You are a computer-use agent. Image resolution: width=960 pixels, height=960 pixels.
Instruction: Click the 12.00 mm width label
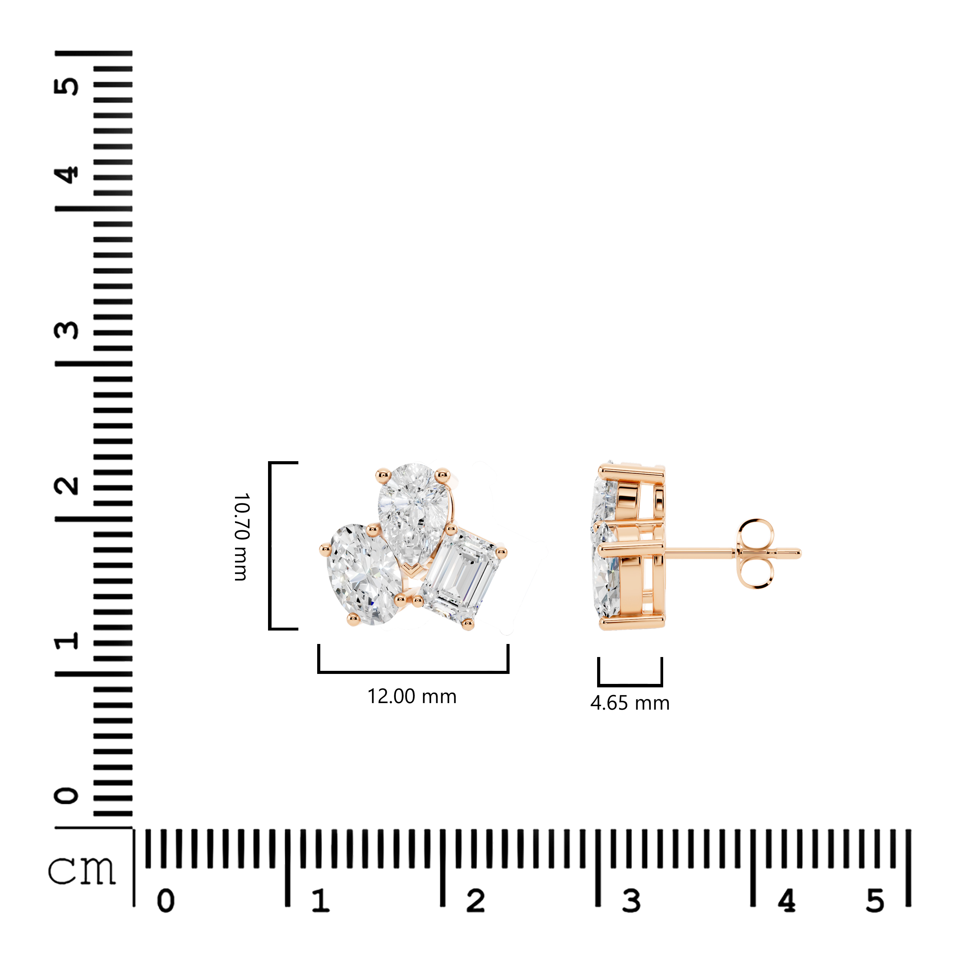pos(412,696)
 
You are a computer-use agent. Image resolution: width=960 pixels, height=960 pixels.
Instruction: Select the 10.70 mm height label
pos(242,537)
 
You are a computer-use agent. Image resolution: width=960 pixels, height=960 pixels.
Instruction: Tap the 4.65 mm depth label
pos(630,703)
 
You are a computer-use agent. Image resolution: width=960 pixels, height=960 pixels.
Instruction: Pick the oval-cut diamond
pos(364,574)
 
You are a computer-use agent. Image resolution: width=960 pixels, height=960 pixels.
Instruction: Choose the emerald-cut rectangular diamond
pos(461,576)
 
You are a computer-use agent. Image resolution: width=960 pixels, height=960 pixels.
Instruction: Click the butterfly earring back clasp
pos(755,554)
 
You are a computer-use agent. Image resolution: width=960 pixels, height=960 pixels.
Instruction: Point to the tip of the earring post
pos(799,553)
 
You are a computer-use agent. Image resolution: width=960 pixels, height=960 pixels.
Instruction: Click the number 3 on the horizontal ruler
pos(631,901)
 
